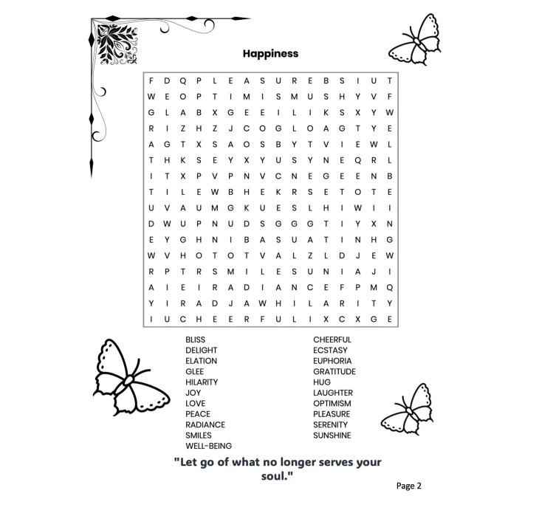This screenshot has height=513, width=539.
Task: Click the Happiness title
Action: click(x=270, y=53)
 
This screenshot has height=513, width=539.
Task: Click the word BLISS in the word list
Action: click(x=196, y=340)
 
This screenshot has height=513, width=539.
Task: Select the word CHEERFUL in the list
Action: click(x=332, y=340)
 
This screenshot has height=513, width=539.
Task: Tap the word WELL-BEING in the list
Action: click(x=209, y=446)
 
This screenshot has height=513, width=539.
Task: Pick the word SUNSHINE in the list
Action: click(x=332, y=435)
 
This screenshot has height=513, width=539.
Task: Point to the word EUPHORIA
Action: click(x=332, y=361)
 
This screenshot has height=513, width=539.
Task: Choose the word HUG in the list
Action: click(x=322, y=382)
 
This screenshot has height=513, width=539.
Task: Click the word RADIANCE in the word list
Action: click(x=205, y=425)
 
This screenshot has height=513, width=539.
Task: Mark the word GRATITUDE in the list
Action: click(x=334, y=371)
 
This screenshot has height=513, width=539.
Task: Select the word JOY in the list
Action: click(x=193, y=393)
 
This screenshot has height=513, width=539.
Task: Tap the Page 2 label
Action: click(x=408, y=486)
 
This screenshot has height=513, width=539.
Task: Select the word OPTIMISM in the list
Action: click(x=332, y=404)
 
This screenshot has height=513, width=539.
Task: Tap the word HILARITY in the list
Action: click(x=202, y=382)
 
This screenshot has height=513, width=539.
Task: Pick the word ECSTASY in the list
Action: click(x=330, y=351)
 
